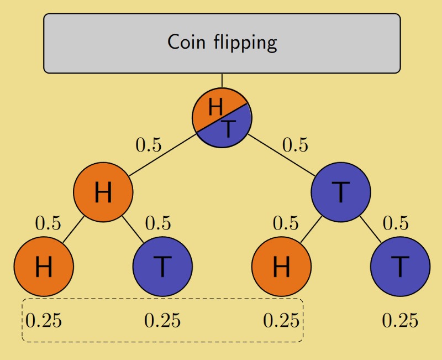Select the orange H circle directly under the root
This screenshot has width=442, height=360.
pos(103,192)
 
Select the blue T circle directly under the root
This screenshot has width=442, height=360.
pos(340,192)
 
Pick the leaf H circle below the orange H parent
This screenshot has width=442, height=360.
pos(44,267)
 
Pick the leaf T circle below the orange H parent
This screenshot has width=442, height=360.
pos(162,267)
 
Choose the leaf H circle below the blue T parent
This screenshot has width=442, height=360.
pos(281,267)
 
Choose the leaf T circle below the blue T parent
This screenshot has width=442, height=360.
pos(400,267)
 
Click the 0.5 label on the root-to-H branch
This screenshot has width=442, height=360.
pos(149,145)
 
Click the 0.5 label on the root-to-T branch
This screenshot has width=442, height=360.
pos(296,145)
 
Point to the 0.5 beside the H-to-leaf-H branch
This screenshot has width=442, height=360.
pos(49,223)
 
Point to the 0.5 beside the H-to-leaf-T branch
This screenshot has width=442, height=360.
pos(158,223)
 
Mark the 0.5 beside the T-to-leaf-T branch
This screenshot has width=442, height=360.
pos(396,223)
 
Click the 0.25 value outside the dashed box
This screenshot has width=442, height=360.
pos(400,320)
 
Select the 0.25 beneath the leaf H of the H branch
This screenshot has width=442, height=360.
pos(44,320)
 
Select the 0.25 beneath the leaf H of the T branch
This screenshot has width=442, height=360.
pos(281,320)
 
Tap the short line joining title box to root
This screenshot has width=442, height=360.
pos(222,80)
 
